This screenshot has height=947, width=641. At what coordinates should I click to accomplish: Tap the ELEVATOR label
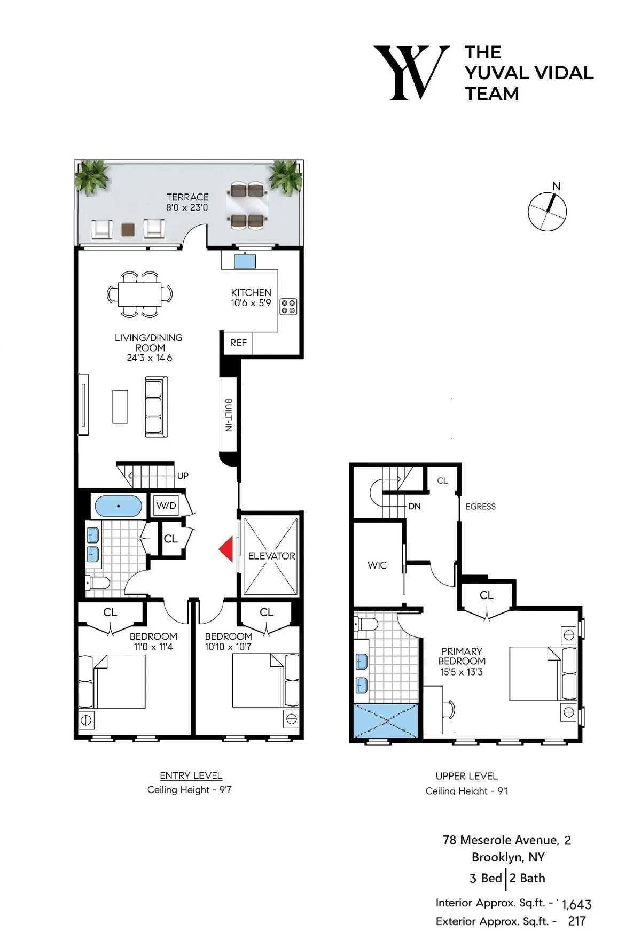[x=271, y=556]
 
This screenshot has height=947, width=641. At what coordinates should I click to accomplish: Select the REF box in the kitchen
[x=238, y=343]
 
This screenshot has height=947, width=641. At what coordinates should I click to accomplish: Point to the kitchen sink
[x=245, y=261]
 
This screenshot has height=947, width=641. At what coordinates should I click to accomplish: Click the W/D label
[x=166, y=506]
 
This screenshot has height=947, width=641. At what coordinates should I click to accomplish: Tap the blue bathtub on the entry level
[x=118, y=506]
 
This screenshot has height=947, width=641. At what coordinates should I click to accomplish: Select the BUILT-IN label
[x=228, y=415]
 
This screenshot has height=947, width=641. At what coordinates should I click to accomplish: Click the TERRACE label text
[x=187, y=197]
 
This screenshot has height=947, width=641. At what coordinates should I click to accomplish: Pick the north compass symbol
[x=547, y=211]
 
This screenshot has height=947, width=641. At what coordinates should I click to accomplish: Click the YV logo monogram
[x=410, y=73]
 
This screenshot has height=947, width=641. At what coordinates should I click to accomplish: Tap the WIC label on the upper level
[x=377, y=565]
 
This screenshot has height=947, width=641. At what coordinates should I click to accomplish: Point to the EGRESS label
[x=480, y=507]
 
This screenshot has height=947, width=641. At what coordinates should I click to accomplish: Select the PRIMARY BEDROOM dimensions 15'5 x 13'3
[x=461, y=672]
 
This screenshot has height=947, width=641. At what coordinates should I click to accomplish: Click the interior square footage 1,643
[x=576, y=905]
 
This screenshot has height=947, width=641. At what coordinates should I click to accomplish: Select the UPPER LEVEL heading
[x=466, y=776]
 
